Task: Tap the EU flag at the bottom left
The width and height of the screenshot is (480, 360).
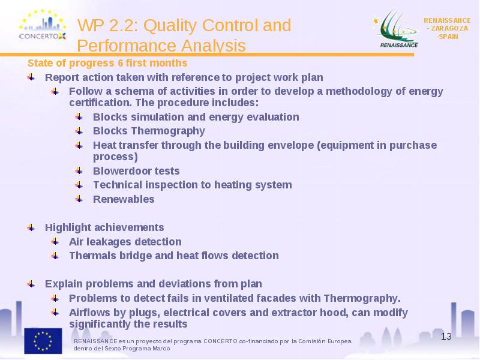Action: pyautogui.click(x=43, y=341)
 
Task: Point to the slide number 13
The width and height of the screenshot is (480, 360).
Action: pyautogui.click(x=446, y=337)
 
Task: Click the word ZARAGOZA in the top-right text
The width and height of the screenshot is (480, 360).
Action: pyautogui.click(x=449, y=28)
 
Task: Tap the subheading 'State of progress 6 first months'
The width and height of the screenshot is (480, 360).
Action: pyautogui.click(x=107, y=63)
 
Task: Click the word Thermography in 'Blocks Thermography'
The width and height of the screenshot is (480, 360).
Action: pyautogui.click(x=168, y=131)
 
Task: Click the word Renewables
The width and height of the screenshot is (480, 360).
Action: pyautogui.click(x=124, y=199)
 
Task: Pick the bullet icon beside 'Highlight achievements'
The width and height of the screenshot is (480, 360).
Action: pyautogui.click(x=31, y=227)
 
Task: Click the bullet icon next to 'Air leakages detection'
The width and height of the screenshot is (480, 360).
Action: pyautogui.click(x=55, y=242)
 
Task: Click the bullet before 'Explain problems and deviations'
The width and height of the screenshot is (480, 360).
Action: pyautogui.click(x=31, y=284)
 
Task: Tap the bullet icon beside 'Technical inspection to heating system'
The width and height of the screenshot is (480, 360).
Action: pyautogui.click(x=79, y=185)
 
